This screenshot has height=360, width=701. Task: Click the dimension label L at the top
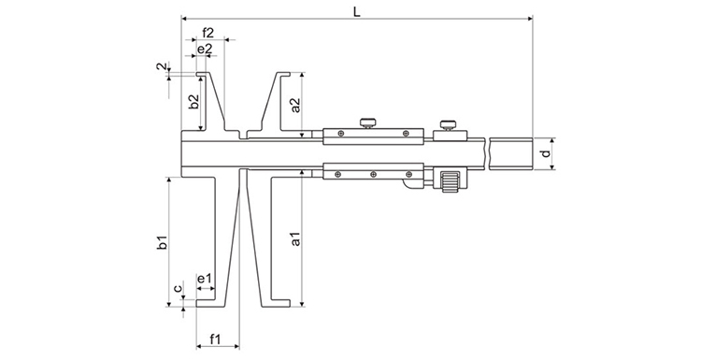(x=356, y=11)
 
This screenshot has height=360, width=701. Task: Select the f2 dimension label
(x=207, y=33)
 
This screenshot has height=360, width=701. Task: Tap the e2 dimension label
(x=205, y=50)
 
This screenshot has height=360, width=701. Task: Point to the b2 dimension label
(x=193, y=102)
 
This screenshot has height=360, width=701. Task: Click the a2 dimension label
(x=295, y=104)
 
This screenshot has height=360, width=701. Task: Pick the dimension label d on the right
(x=545, y=154)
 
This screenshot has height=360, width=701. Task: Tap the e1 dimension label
(x=205, y=279)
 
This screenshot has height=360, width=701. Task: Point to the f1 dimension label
(x=216, y=339)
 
